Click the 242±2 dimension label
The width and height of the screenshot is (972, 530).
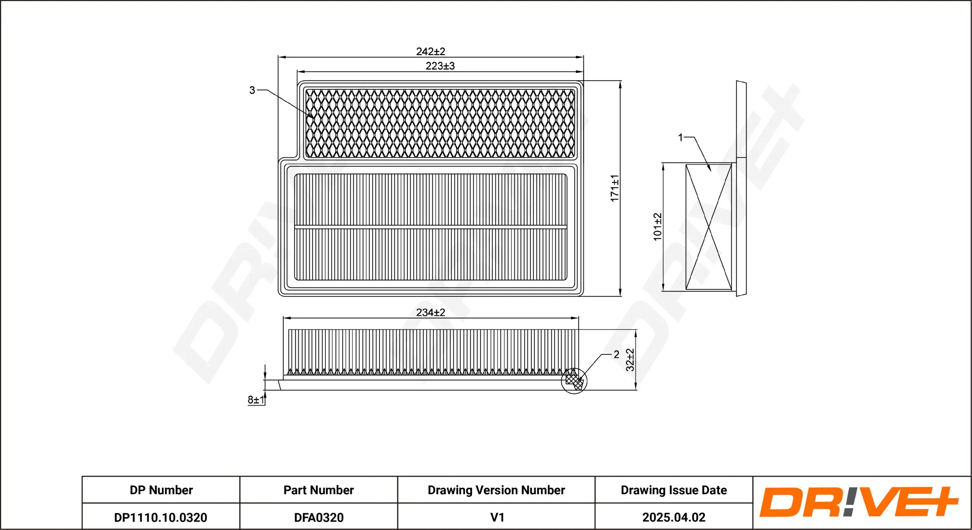[x=430, y=51]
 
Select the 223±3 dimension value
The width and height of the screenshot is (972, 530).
[x=440, y=66]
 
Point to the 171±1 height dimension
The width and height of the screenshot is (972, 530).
[x=614, y=188]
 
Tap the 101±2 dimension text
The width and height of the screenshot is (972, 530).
[x=657, y=227]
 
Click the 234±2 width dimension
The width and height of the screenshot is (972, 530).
[x=430, y=313]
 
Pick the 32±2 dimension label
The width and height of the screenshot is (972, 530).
[x=630, y=360]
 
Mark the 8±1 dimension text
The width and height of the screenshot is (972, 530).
[x=256, y=400]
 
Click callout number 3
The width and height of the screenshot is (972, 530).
[x=252, y=90]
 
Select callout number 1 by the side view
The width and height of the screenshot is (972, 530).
[x=680, y=137]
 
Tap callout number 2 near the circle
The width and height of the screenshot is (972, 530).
[x=616, y=354]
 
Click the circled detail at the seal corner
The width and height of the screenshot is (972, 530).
[x=574, y=381]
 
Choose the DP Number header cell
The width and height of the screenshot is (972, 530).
[x=161, y=490]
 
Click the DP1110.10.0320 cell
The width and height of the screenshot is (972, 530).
[x=161, y=517]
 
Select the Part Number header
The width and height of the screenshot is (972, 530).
[x=318, y=490]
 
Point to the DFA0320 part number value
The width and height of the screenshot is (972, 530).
[x=318, y=517]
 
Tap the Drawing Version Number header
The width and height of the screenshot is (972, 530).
[x=496, y=490]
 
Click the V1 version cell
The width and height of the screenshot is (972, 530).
[x=497, y=517]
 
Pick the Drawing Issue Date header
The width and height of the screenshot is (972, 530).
[x=673, y=490]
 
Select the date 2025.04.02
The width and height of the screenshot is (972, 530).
[x=673, y=517]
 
